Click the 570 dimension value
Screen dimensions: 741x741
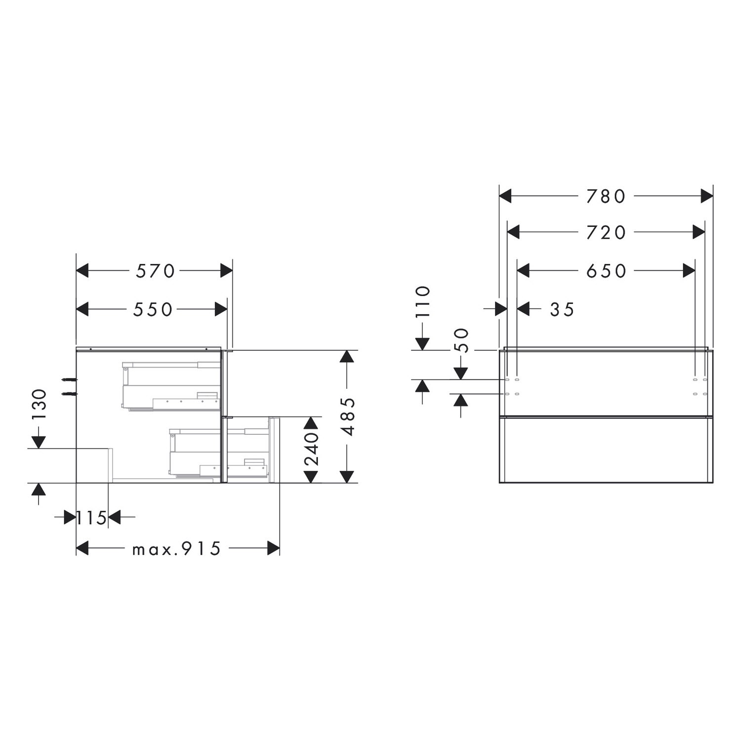coord(156,271)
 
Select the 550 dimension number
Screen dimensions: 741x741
coord(153,309)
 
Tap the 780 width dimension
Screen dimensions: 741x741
coord(606,196)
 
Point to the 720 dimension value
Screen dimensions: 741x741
coord(606,232)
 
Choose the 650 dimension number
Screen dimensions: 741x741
coord(606,271)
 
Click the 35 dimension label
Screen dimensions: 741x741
coord(562,309)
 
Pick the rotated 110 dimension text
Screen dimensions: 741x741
coord(423,301)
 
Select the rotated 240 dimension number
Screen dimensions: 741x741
coord(311,450)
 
